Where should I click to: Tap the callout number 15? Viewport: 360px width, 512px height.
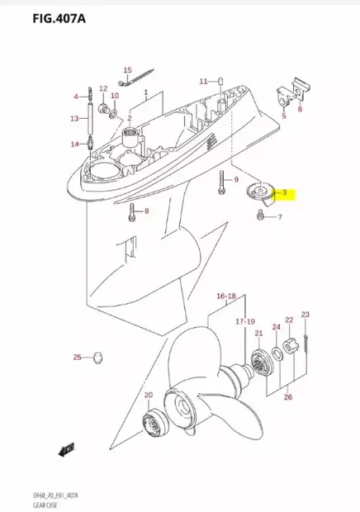coord(128,70)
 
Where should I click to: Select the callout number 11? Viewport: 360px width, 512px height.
coord(203,81)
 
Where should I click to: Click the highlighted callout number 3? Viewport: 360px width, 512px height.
coord(285,193)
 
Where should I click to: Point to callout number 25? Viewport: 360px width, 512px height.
coord(77,357)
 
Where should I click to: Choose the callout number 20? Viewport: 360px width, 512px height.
coord(149,396)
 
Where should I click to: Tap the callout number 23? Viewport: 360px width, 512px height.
coord(305,315)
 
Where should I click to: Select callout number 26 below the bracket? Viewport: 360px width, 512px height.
coord(287,397)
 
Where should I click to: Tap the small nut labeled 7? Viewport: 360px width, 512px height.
coord(261,216)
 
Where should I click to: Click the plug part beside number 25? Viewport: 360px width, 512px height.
coord(99,357)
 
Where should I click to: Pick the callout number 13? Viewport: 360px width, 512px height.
coord(73,118)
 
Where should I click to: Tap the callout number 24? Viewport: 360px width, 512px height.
coord(276,328)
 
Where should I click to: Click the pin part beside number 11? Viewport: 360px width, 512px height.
coord(221,81)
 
